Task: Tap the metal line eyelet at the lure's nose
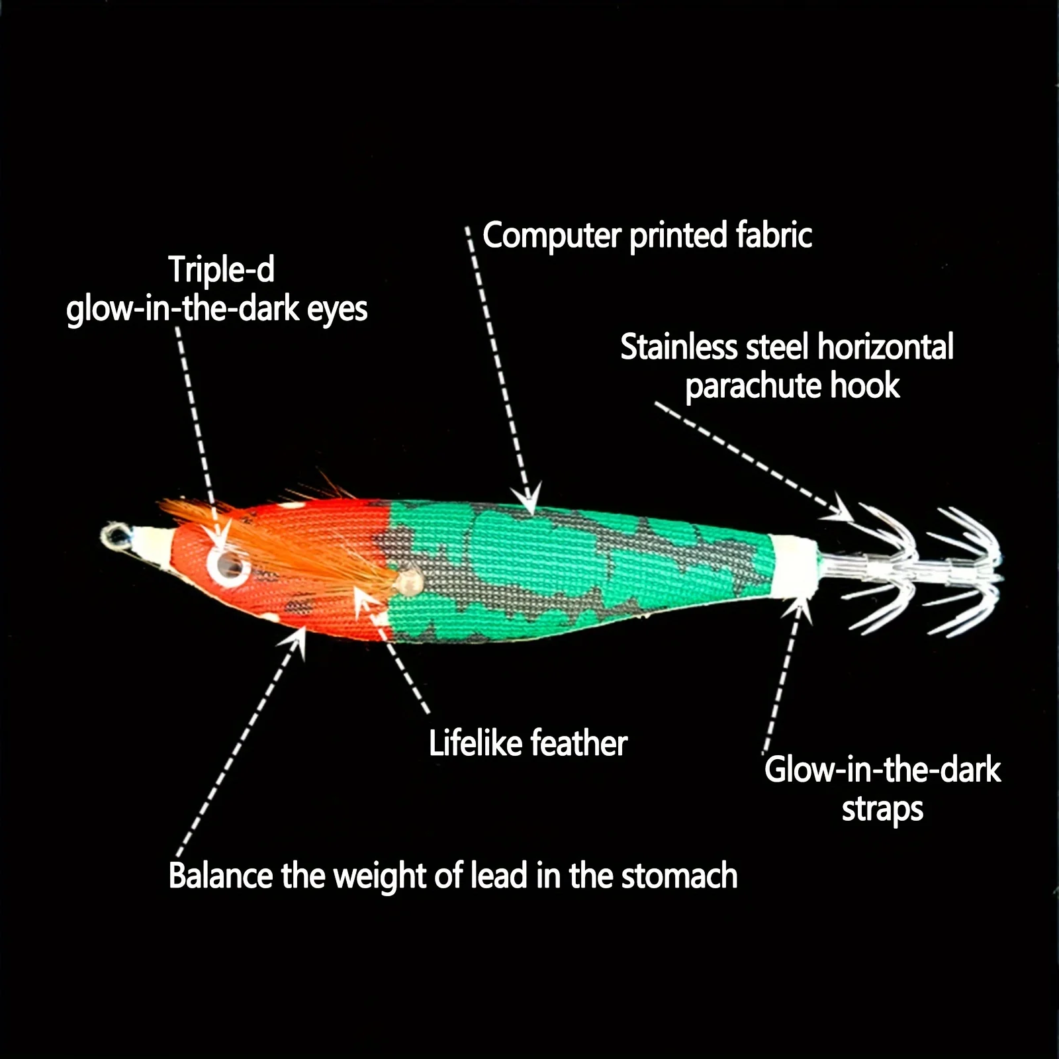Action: pos(115,535)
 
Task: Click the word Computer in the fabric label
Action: pos(552,236)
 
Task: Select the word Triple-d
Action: pos(221,269)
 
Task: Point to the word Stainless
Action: pos(678,347)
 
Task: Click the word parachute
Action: pos(753,387)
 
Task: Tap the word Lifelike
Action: pos(475,743)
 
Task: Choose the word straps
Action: pos(882,810)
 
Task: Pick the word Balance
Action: pos(220,876)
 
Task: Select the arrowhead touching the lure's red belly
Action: pos(297,639)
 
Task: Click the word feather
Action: pos(578,743)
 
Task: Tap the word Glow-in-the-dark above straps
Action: pos(882,770)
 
